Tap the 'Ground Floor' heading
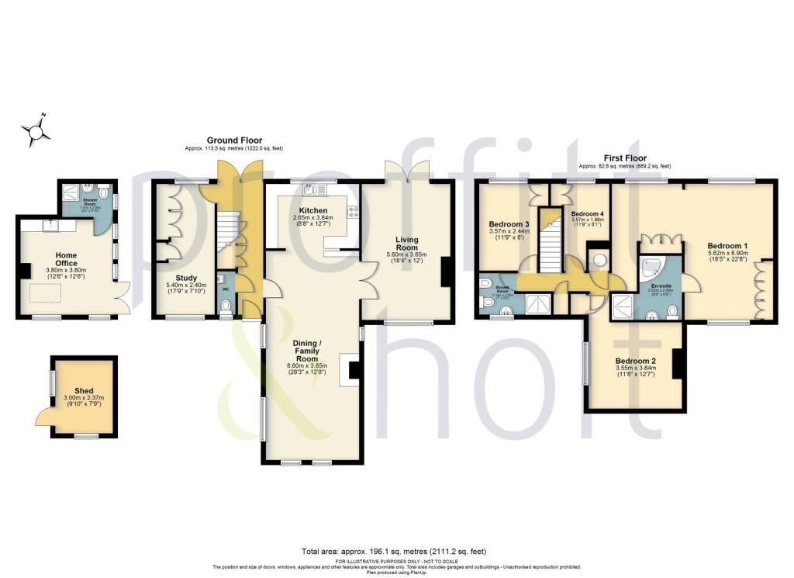(x=234, y=140)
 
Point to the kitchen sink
(x=316, y=189)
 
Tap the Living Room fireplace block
(x=447, y=272)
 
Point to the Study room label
(x=186, y=278)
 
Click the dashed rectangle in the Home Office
(x=47, y=292)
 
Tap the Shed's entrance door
(x=43, y=418)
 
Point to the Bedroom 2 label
(x=636, y=361)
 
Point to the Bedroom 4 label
(x=586, y=213)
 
